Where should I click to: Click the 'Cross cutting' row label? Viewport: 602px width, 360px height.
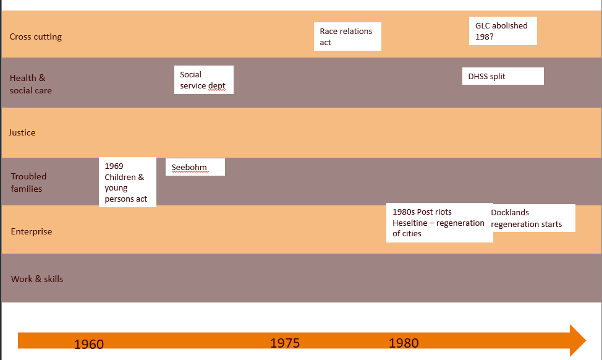pyautogui.click(x=36, y=36)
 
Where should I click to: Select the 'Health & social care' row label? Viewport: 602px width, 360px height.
pyautogui.click(x=31, y=84)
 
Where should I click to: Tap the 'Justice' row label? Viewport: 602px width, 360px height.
pyautogui.click(x=22, y=132)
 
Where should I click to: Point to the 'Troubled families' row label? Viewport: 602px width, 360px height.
pyautogui.click(x=28, y=182)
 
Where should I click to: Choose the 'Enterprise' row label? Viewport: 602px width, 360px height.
pyautogui.click(x=32, y=231)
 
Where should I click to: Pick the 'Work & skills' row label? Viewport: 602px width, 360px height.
pyautogui.click(x=37, y=279)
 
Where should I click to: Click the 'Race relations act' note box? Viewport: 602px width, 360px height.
pyautogui.click(x=347, y=36)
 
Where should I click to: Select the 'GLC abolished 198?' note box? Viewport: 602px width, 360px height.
pyautogui.click(x=502, y=31)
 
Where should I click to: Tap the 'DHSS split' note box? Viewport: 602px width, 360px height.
pyautogui.click(x=502, y=76)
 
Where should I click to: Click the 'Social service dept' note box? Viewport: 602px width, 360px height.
pyautogui.click(x=203, y=80)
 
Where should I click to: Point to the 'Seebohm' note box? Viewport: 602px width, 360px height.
pyautogui.click(x=195, y=167)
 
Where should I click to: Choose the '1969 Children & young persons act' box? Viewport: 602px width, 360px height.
pyautogui.click(x=127, y=182)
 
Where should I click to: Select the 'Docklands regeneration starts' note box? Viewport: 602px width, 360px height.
pyautogui.click(x=533, y=218)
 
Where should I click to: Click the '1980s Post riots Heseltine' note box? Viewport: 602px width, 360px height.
pyautogui.click(x=439, y=223)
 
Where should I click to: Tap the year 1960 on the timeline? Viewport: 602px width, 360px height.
pyautogui.click(x=89, y=344)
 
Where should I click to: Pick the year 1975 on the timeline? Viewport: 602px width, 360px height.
pyautogui.click(x=285, y=343)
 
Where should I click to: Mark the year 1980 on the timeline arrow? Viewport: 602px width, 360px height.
pyautogui.click(x=404, y=343)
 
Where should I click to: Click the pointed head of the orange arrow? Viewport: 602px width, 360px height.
pyautogui.click(x=577, y=340)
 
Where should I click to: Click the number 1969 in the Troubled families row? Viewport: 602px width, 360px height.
pyautogui.click(x=114, y=166)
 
